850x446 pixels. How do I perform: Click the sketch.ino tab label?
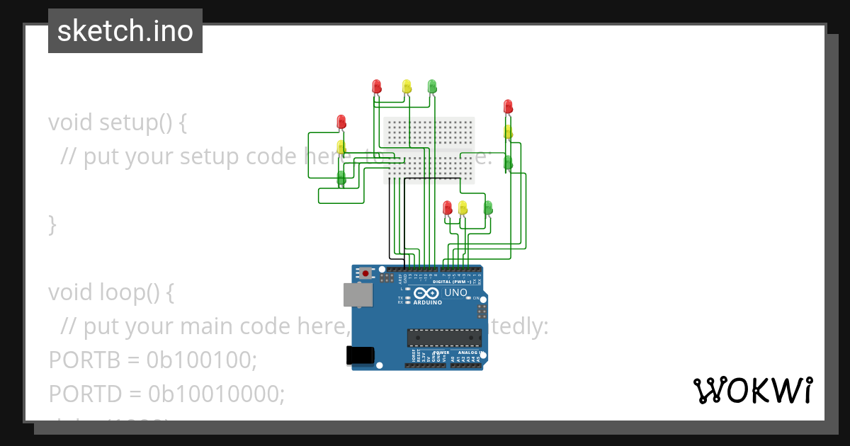125,31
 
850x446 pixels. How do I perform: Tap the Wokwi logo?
752,390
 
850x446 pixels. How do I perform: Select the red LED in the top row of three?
377,86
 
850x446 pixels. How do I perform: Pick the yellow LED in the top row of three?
407,86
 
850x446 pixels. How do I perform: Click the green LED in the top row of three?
432,86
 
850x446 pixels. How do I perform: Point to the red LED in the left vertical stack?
341,122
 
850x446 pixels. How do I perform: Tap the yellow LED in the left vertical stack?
341,147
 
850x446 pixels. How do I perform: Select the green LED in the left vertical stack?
341,177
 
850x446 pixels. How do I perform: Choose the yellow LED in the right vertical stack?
508,132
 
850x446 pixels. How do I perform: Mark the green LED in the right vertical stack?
508,162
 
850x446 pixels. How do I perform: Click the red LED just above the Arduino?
447,207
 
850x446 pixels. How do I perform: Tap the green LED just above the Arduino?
488,207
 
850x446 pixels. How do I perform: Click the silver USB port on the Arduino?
358,295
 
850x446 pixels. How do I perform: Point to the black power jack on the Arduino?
358,355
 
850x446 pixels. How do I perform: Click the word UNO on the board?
455,292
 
